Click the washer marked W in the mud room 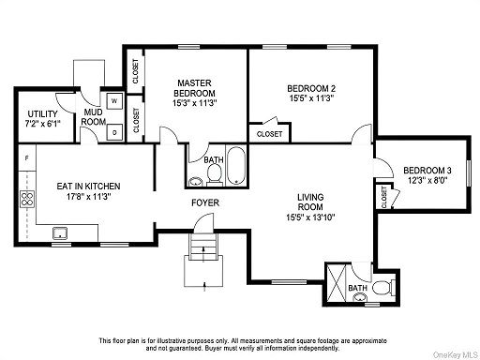pyautogui.click(x=114, y=100)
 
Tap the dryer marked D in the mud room pyautogui.click(x=114, y=132)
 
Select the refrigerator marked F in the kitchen pyautogui.click(x=27, y=157)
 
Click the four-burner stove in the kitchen pyautogui.click(x=27, y=199)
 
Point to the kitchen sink pyautogui.click(x=60, y=233)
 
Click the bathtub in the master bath pyautogui.click(x=236, y=166)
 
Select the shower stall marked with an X pyautogui.click(x=337, y=283)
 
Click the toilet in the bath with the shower pyautogui.click(x=384, y=287)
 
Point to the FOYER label pyautogui.click(x=205, y=203)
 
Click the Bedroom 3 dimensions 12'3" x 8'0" pyautogui.click(x=427, y=180)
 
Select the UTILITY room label pyautogui.click(x=42, y=114)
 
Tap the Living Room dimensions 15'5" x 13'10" pyautogui.click(x=310, y=217)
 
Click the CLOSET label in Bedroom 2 pyautogui.click(x=269, y=134)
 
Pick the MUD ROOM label pyautogui.click(x=93, y=117)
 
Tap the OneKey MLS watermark pyautogui.click(x=456, y=354)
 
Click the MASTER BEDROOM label pyautogui.click(x=194, y=88)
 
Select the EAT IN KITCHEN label pyautogui.click(x=88, y=187)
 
